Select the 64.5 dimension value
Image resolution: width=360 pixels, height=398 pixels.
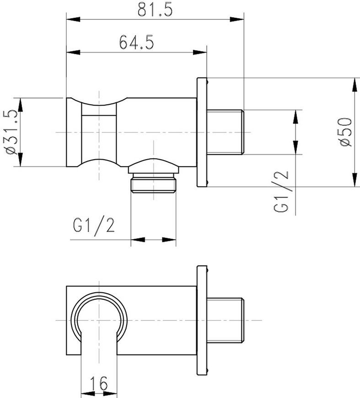pos(137,42)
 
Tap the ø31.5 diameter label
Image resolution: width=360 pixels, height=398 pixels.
pos(12,132)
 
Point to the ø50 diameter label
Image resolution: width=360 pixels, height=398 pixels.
pos(345,132)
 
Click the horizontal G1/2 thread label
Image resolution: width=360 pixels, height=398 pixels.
pos(94,226)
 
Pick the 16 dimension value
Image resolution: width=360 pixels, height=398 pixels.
pos(99,383)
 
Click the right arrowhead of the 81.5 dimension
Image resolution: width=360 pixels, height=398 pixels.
pos(237,19)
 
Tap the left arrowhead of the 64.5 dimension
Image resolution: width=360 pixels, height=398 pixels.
pos(73,52)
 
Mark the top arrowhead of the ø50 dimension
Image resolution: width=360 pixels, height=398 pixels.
pos(355,85)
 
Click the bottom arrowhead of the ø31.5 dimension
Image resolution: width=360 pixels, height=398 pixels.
pos(21,159)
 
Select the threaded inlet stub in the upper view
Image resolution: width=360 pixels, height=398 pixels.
pos(226,132)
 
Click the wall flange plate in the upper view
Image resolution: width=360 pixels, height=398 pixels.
pos(202,132)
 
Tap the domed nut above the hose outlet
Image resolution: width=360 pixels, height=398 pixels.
pos(153,166)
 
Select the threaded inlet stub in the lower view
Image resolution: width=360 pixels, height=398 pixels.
pos(226,320)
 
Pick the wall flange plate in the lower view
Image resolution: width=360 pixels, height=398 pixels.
pos(202,320)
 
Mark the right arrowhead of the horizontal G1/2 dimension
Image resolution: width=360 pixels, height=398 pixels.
pos(169,240)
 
